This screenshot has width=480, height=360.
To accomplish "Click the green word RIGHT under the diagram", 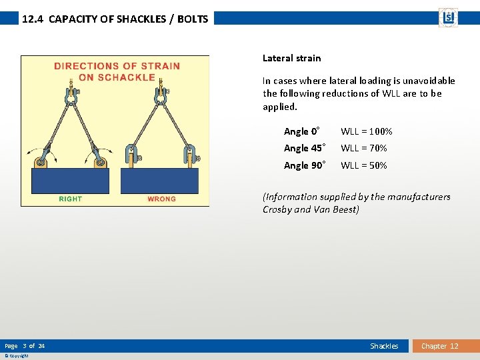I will [x=70, y=199].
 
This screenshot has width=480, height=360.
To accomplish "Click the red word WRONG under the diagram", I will [x=161, y=199].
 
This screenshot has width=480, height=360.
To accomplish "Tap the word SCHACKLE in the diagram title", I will [x=126, y=77].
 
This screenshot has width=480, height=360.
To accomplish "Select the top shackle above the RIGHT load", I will [x=70, y=93].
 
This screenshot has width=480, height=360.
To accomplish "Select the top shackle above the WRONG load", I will [x=160, y=93].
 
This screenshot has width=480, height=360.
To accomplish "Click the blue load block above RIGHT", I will [x=70, y=180].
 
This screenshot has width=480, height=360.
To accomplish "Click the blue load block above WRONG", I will [x=160, y=180].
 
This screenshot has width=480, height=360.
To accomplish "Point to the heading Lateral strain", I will [x=291, y=58].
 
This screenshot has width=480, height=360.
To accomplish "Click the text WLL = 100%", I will [x=367, y=131].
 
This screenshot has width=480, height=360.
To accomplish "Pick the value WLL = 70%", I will [x=364, y=148].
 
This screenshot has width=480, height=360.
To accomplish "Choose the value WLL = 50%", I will [x=364, y=165].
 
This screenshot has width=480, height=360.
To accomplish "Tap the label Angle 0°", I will [x=302, y=131].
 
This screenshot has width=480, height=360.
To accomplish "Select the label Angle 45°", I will [x=305, y=148].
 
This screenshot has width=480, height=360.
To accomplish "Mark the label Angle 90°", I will [x=305, y=165].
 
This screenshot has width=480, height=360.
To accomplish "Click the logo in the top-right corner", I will [x=448, y=17].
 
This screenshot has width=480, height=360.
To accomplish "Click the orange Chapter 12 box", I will [x=439, y=346].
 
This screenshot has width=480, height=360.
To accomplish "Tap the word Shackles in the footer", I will [x=384, y=346].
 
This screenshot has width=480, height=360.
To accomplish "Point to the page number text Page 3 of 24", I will [x=25, y=346].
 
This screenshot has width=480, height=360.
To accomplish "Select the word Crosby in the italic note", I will [x=277, y=209].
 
